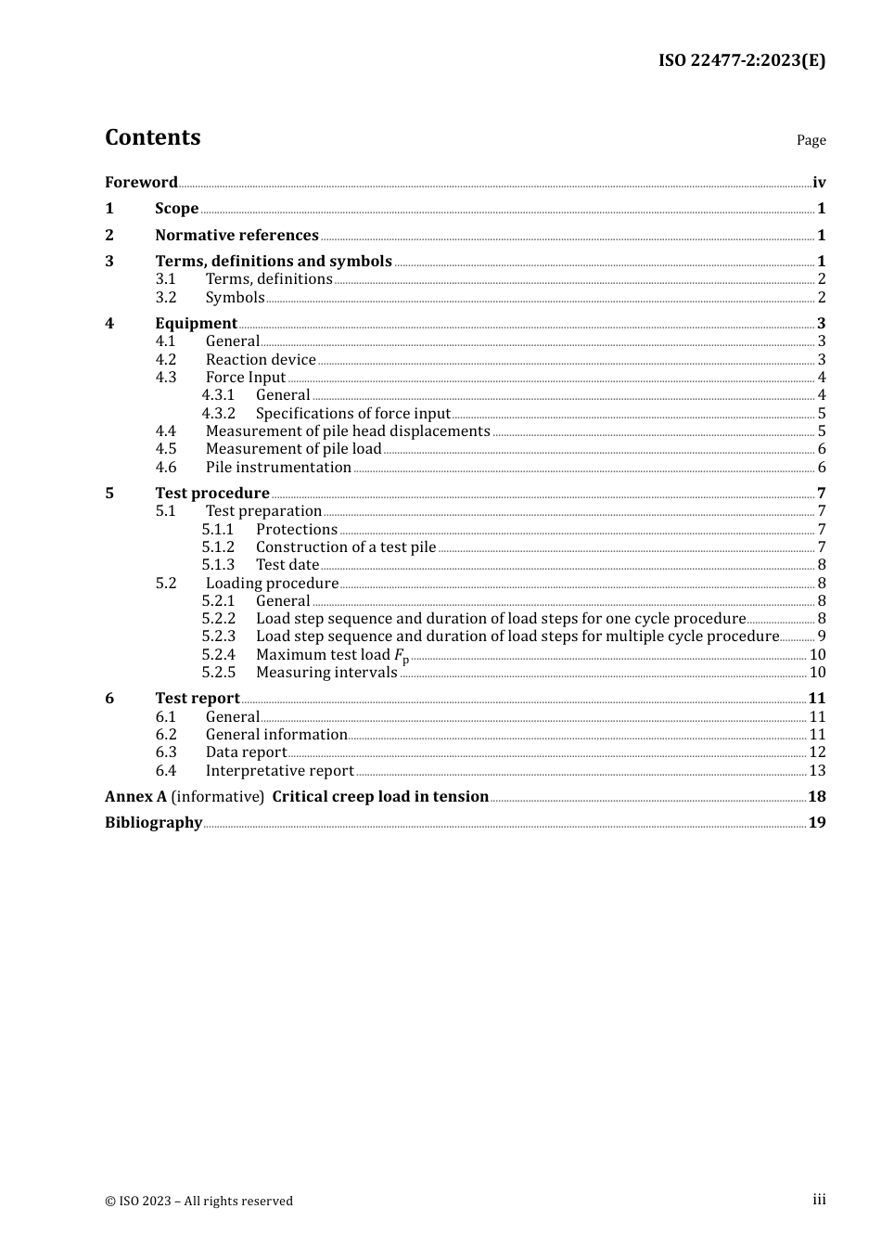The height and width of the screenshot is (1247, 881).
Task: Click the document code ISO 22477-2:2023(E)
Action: (x=741, y=60)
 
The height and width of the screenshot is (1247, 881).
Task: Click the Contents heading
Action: (x=152, y=137)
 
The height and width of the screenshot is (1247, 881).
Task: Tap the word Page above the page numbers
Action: (x=811, y=140)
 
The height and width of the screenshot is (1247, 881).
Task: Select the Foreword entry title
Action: (x=141, y=182)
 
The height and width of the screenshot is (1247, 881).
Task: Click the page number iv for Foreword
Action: (x=819, y=182)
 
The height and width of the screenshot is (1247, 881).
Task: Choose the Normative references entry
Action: (x=236, y=235)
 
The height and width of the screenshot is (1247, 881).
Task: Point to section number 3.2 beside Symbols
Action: (x=165, y=297)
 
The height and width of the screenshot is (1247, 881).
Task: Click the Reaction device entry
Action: (x=261, y=359)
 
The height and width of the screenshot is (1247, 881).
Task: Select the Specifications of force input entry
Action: (x=352, y=413)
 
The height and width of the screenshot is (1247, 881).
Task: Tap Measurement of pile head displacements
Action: (x=348, y=431)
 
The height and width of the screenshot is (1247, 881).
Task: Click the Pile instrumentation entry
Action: (x=278, y=467)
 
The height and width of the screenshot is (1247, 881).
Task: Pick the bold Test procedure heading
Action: (x=212, y=493)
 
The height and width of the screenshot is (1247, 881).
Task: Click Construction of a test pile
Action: (x=345, y=546)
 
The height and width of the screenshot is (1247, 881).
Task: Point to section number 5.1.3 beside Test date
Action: (x=218, y=564)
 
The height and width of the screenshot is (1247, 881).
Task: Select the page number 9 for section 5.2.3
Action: (x=822, y=636)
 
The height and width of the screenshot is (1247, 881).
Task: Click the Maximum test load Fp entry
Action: (x=332, y=655)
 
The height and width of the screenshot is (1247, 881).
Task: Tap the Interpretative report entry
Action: (x=279, y=770)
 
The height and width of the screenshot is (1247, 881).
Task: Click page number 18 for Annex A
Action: (x=817, y=796)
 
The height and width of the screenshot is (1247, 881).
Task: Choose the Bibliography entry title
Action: (x=153, y=822)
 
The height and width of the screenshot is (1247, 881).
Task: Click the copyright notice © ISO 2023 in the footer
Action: (x=198, y=1201)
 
